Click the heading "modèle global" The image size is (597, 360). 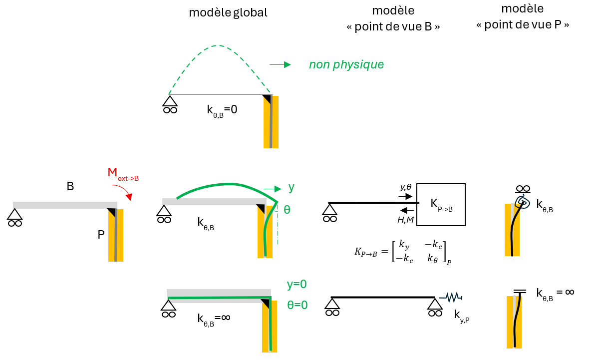coord(228,12)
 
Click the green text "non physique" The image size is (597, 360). coord(346,65)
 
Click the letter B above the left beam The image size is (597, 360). coord(70,186)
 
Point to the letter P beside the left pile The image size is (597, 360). coord(101,235)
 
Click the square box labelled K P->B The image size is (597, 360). coord(441,205)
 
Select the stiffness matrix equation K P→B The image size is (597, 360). coord(403,252)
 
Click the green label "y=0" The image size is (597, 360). coord(297,284)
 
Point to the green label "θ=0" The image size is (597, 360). coord(298,305)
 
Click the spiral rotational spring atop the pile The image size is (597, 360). coord(523,202)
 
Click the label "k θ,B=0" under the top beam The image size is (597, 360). coord(222,110)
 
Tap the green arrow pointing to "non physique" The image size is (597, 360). coord(280,65)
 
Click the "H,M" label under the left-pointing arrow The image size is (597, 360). coord(405,219)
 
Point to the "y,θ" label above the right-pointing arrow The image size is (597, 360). coord(406,187)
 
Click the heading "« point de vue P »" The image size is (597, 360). coord(522,25)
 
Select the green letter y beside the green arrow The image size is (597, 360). coord(292,188)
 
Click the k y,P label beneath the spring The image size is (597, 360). coord(461,316)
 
